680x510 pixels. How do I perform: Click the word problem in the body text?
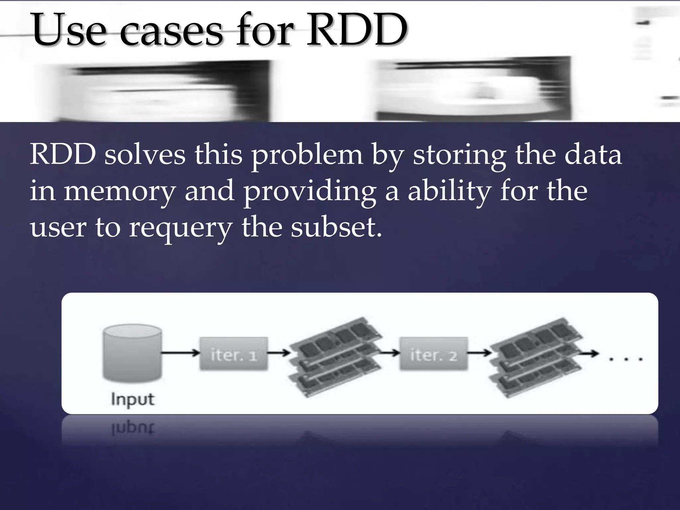[307, 156]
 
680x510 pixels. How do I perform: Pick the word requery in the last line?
[181, 229]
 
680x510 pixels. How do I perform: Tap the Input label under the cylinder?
[132, 399]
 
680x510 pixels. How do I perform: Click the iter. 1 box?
[234, 354]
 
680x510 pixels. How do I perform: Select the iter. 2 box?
[434, 354]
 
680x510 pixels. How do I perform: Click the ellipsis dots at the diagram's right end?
[626, 359]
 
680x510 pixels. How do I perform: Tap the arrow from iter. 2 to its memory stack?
[479, 353]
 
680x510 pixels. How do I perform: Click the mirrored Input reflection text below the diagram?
[132, 429]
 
